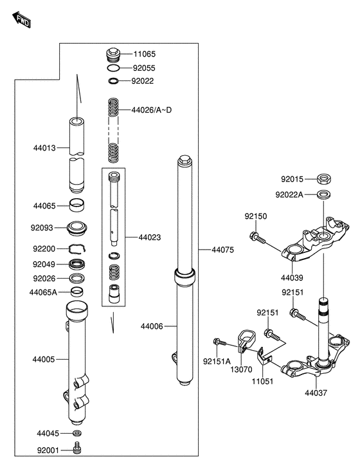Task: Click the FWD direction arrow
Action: (22, 19)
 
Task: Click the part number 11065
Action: (144, 54)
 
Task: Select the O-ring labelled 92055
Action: (113, 68)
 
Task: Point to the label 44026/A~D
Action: (151, 110)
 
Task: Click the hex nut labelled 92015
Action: (324, 179)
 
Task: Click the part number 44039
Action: (292, 277)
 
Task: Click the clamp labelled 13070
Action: (246, 341)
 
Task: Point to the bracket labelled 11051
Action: (264, 355)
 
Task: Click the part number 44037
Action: (316, 393)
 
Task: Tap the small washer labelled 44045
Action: (77, 433)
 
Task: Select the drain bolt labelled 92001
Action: (77, 448)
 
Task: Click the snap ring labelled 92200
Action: (77, 248)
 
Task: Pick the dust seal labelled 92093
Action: (76, 228)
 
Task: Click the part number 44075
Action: (222, 250)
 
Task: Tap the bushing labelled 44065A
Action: (76, 292)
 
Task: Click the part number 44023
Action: (150, 237)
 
